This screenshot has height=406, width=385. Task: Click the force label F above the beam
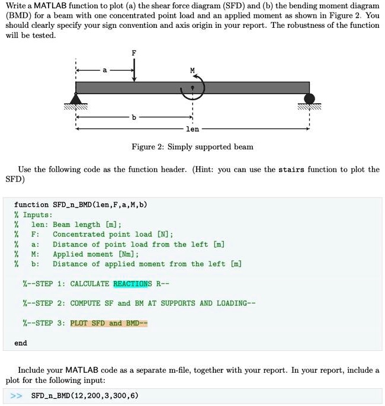point(134,53)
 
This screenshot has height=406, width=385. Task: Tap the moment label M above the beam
point(192,70)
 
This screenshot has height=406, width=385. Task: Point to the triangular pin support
point(76,98)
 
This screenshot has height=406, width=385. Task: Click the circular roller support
point(309,98)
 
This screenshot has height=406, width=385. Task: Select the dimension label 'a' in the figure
point(105,71)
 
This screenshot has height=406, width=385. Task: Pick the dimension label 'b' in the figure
point(134,118)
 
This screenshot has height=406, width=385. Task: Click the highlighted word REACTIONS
point(133,283)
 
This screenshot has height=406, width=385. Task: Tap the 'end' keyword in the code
point(21,343)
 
